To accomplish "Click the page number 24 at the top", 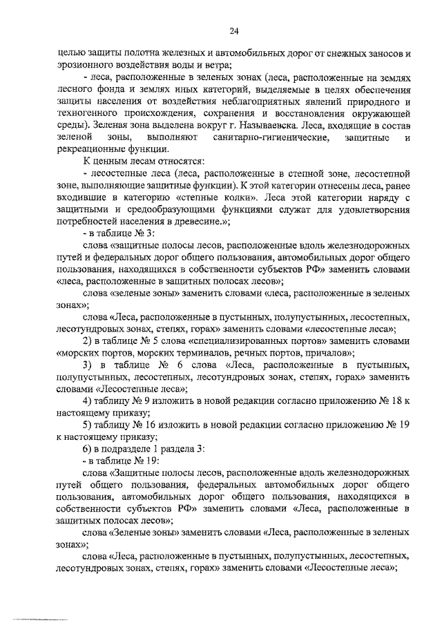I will coord(233,30).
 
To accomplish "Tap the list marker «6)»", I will coord(88,448).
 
